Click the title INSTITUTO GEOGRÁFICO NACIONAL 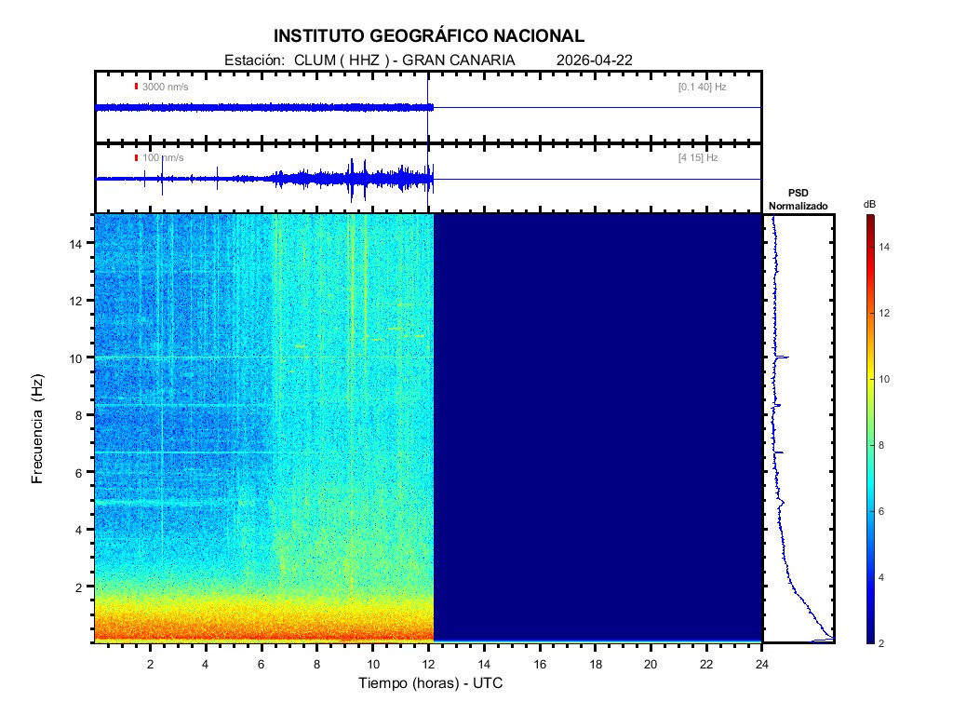click(x=429, y=36)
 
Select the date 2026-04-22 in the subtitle click(x=595, y=61)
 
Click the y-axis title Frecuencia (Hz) click(x=38, y=429)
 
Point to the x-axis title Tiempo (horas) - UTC click(x=431, y=683)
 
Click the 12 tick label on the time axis click(x=429, y=665)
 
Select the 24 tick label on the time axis click(x=762, y=665)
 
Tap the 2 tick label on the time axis click(x=151, y=665)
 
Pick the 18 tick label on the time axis click(x=596, y=665)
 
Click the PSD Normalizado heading click(x=798, y=199)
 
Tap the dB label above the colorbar click(x=869, y=204)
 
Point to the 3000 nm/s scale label click(x=163, y=87)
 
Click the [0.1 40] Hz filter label click(x=703, y=87)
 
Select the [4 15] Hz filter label click(x=698, y=158)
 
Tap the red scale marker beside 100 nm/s click(x=137, y=158)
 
